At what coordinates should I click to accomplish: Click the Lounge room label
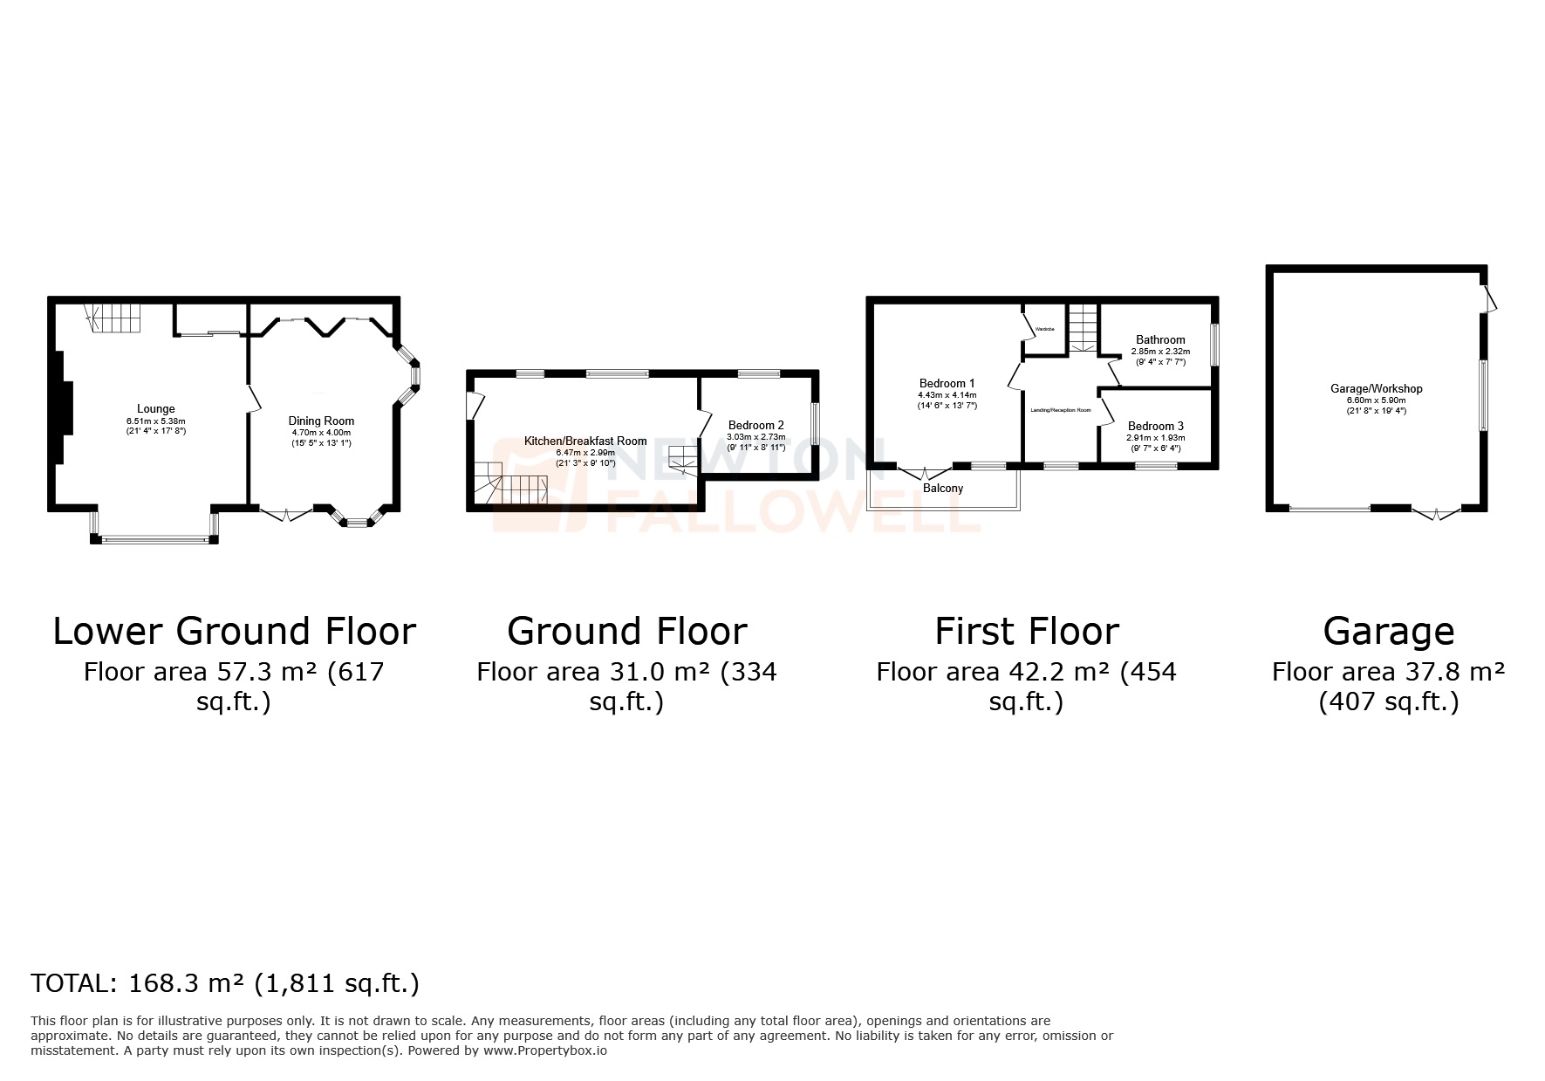(x=155, y=408)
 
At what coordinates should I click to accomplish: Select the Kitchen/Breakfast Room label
(x=585, y=441)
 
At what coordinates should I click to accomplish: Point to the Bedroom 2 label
(x=755, y=426)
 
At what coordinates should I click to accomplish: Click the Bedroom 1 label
(x=947, y=383)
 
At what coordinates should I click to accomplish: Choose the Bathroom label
(x=1159, y=340)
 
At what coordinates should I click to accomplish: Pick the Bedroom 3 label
(x=1155, y=427)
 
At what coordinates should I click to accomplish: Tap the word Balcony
(x=942, y=489)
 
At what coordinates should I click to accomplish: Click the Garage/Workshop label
(x=1376, y=389)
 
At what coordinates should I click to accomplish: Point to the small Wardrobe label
(x=1044, y=330)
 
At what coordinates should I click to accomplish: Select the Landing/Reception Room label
(x=1060, y=410)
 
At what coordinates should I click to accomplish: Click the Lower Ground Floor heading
(x=234, y=632)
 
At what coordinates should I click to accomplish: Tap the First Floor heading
(x=1026, y=632)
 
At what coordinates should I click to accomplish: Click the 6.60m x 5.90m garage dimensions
(x=1376, y=400)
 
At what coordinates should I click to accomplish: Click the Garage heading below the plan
(x=1388, y=632)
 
